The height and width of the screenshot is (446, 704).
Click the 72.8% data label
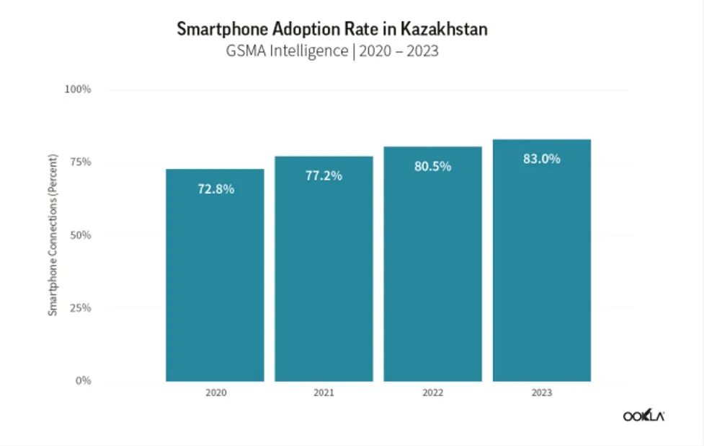click(x=215, y=189)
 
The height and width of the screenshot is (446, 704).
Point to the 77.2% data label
click(x=324, y=176)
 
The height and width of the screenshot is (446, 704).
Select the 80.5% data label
click(x=432, y=166)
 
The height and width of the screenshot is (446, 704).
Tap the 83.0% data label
click(x=541, y=159)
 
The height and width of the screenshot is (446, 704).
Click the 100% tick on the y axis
click(x=78, y=89)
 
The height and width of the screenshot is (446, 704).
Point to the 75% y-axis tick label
click(x=80, y=162)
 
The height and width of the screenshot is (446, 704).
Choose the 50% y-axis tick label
click(x=80, y=235)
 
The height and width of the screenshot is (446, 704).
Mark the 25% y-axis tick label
click(x=80, y=308)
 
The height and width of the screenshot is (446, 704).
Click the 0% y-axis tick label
click(x=83, y=381)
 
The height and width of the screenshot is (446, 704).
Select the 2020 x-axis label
click(x=215, y=393)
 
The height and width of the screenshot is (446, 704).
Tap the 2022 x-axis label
click(x=432, y=393)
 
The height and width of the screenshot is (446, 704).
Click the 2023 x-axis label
click(x=541, y=393)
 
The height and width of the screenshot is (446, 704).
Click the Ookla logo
click(x=643, y=416)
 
